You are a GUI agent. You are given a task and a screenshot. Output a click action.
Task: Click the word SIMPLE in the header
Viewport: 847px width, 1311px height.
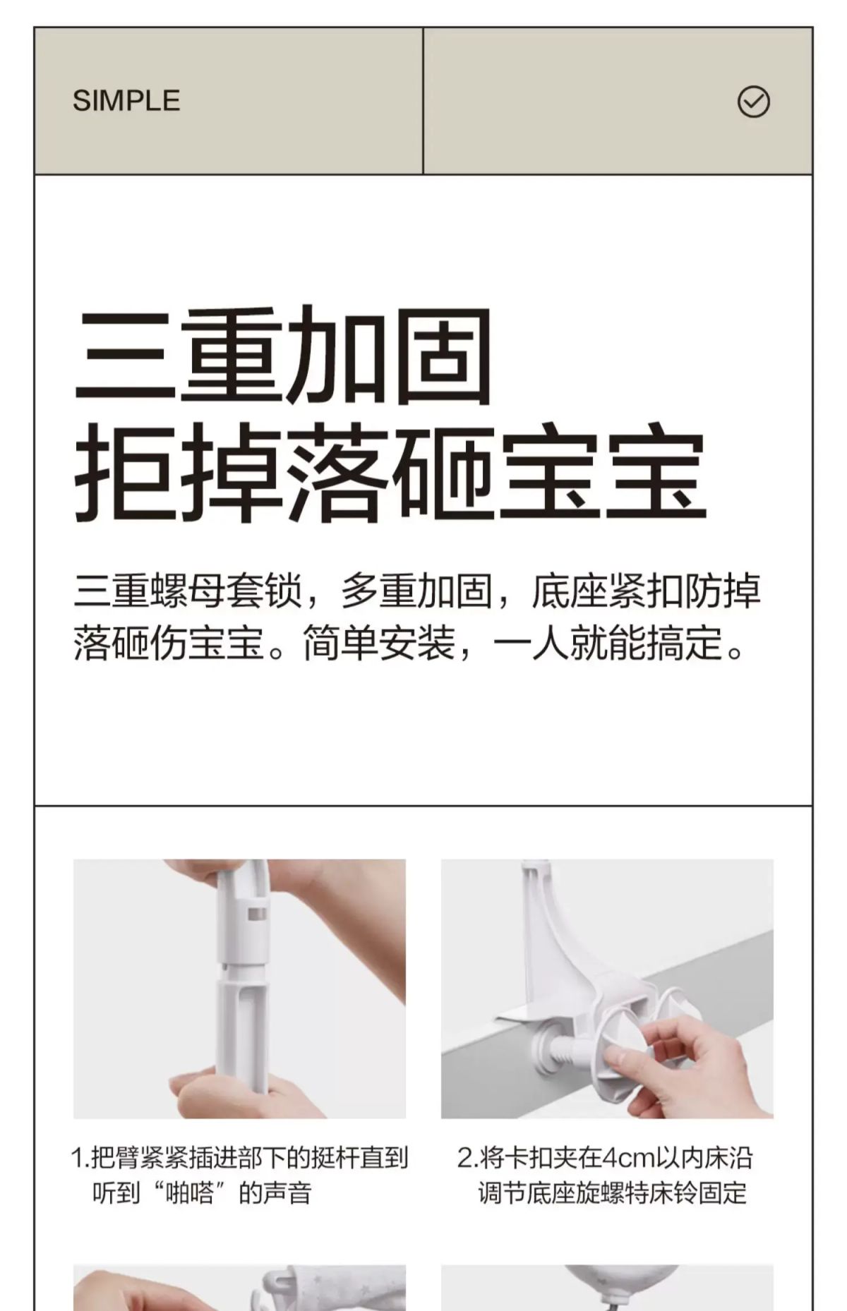point(126,101)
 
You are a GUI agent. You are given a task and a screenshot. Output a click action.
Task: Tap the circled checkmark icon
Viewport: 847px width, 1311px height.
point(753,102)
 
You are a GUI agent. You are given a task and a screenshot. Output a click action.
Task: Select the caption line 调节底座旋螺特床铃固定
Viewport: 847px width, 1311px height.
point(612,1194)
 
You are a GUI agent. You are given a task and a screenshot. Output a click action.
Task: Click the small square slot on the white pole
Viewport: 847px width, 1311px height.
point(258,914)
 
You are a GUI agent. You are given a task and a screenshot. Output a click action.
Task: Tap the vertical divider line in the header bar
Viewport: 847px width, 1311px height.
point(423,101)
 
